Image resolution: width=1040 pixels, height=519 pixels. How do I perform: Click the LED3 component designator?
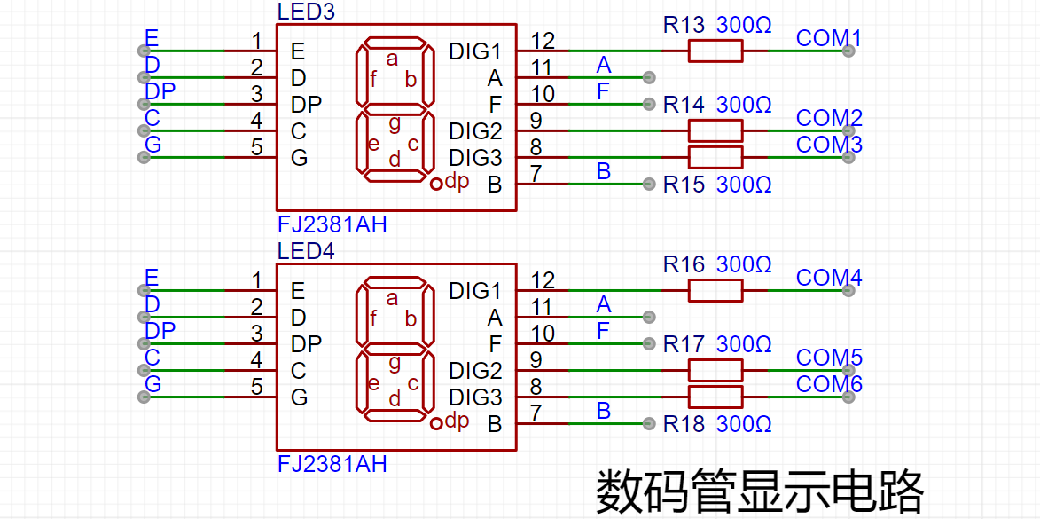click(x=306, y=12)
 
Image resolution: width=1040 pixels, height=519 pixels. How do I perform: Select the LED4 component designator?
click(x=306, y=252)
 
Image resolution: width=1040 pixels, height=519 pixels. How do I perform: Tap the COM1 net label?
click(x=828, y=38)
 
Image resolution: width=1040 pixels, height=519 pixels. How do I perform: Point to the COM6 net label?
click(x=829, y=383)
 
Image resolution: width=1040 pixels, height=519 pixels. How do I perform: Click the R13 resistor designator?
click(x=684, y=26)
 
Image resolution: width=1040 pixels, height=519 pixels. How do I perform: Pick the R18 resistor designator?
click(x=684, y=423)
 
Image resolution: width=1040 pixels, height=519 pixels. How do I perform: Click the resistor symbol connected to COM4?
click(x=715, y=291)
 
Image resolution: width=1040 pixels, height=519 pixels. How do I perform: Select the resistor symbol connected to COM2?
click(x=715, y=130)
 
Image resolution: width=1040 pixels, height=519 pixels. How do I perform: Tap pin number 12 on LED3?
click(x=543, y=41)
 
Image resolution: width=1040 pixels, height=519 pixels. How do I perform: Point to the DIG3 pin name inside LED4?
click(x=475, y=397)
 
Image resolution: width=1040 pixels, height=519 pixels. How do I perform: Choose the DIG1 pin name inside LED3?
click(x=475, y=51)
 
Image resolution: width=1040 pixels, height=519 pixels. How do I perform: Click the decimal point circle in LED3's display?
click(x=435, y=184)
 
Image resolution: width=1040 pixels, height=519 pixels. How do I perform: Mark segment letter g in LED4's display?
click(x=394, y=362)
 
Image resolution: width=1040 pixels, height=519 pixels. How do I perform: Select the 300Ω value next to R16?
click(x=744, y=264)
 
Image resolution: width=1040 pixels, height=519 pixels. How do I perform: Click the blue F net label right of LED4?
click(x=603, y=331)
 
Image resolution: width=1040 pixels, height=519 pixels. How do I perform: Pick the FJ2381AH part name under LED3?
click(x=332, y=225)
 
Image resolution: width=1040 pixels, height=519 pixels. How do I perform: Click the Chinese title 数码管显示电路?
click(x=760, y=491)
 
